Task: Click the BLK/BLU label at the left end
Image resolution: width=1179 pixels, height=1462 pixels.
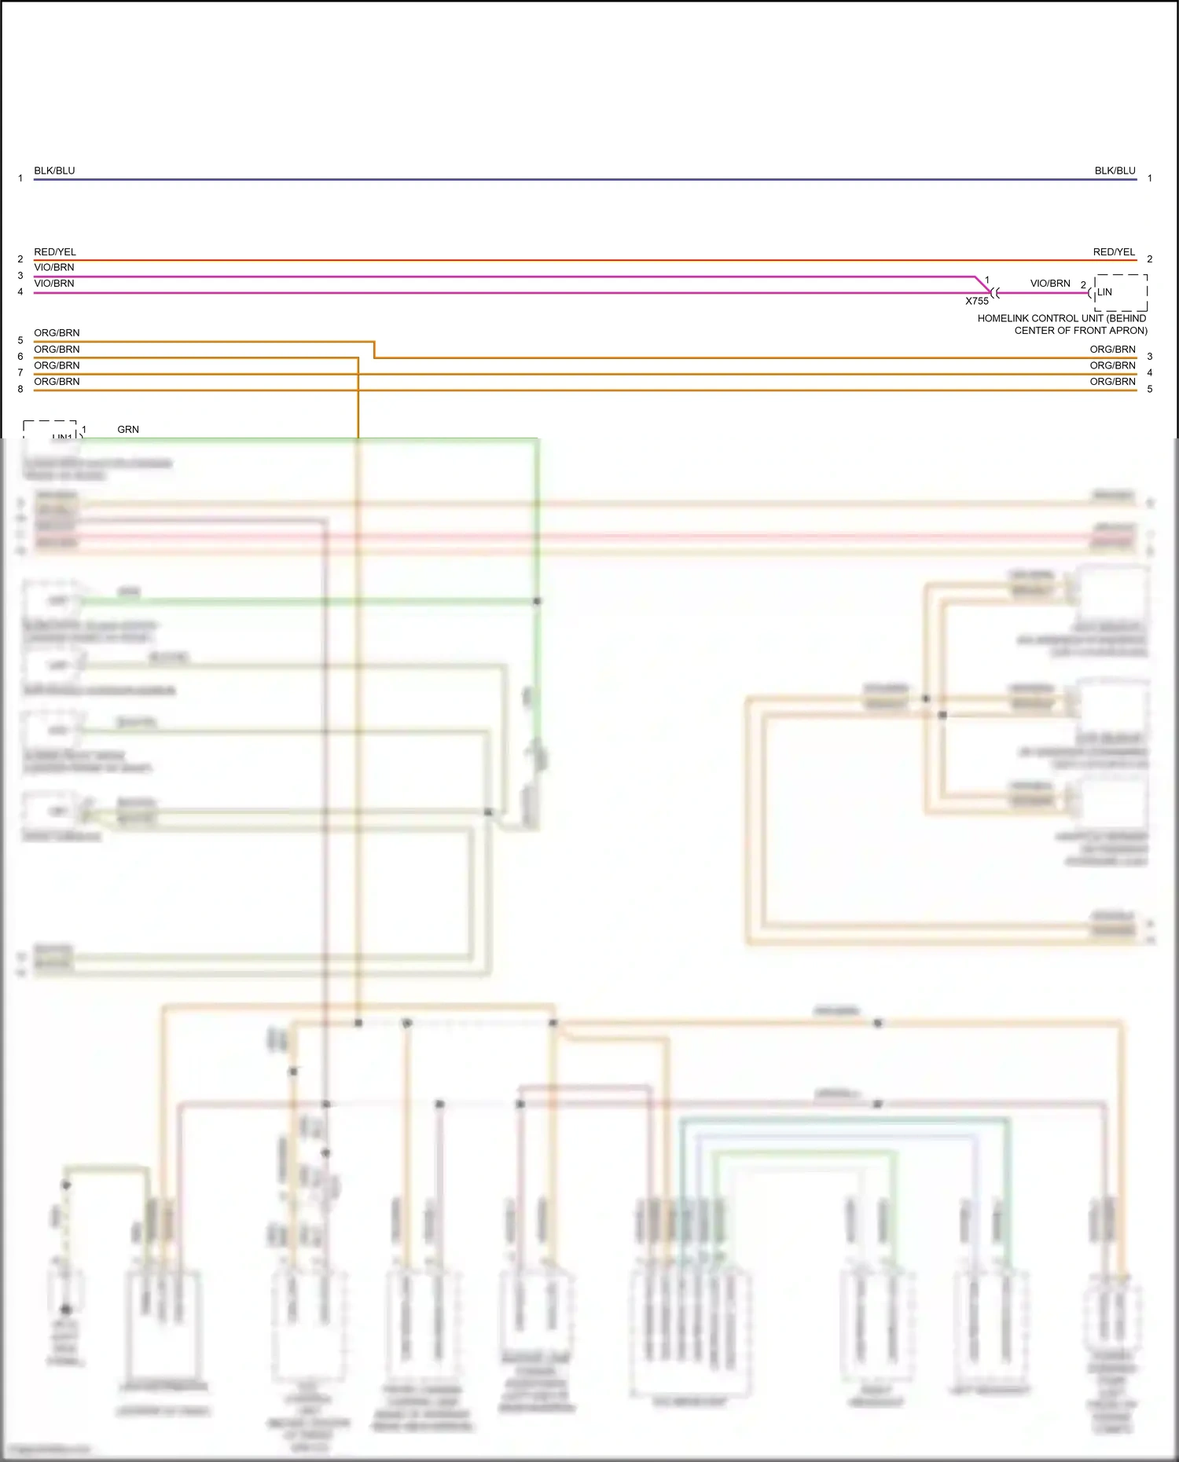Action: [x=54, y=170]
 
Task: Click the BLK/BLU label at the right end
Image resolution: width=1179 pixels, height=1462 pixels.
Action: [x=1115, y=170]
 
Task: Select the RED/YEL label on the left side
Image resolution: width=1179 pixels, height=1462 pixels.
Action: [x=55, y=252]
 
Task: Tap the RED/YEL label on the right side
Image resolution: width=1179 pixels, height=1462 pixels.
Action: [x=1114, y=252]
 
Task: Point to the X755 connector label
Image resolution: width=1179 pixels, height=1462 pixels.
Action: [x=977, y=301]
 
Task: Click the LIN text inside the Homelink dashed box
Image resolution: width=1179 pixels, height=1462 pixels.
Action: [x=1104, y=292]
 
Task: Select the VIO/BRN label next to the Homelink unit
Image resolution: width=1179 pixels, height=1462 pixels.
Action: [x=1050, y=284]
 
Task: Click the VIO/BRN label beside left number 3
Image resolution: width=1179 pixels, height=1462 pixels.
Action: [x=54, y=268]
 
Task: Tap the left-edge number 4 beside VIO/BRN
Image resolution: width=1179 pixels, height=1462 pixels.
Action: [x=20, y=292]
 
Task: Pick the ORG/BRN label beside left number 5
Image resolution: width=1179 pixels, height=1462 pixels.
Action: [x=57, y=333]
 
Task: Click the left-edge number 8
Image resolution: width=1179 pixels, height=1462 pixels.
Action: [x=20, y=389]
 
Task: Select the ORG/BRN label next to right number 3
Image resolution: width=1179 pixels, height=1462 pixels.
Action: [x=1112, y=350]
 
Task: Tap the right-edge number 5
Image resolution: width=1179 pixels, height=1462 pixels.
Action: [x=1149, y=389]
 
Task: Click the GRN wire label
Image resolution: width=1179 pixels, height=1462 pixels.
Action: [x=128, y=430]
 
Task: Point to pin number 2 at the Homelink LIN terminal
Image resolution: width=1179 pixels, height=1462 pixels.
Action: [x=1083, y=285]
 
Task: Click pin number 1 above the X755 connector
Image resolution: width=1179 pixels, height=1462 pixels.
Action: [x=987, y=280]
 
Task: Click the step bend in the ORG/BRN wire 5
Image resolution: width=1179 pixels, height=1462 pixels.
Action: [x=374, y=350]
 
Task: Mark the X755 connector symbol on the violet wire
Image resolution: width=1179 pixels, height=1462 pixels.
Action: [x=995, y=293]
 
